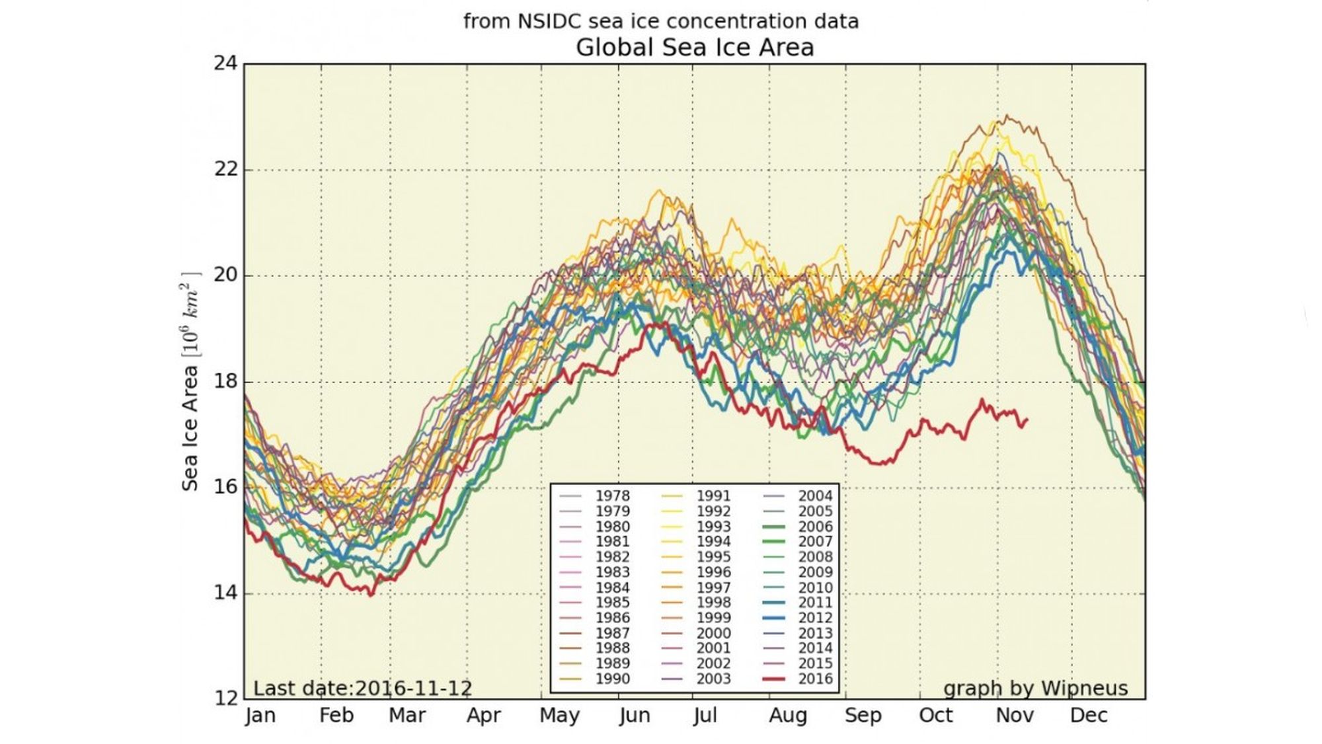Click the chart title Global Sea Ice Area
(694, 48)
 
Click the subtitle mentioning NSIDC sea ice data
(660, 21)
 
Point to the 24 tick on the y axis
(225, 63)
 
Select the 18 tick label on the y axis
(225, 381)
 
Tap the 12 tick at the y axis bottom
(225, 698)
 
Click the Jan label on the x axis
(260, 716)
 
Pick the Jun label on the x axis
(635, 716)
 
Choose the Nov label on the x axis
(1014, 716)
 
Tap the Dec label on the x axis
(1088, 716)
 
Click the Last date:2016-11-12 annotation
(362, 688)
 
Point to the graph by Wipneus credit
(1035, 688)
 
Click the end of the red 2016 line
(1027, 420)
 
